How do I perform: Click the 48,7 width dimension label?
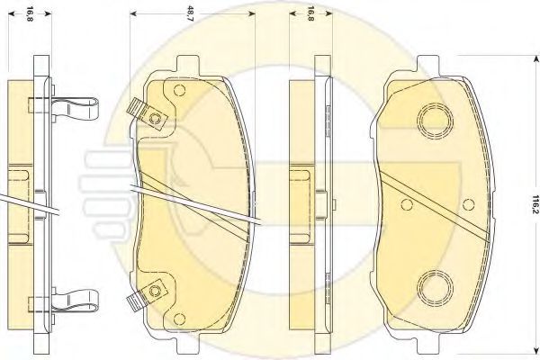[191, 13]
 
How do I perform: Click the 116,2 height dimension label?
[535, 204]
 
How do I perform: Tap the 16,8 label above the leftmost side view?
[30, 13]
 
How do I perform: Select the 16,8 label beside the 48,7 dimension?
[310, 13]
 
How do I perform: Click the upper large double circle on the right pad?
[435, 121]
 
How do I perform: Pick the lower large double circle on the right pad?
[435, 288]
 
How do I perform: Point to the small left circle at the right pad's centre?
[407, 204]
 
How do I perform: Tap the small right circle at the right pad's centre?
[468, 204]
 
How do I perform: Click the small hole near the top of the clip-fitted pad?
[179, 90]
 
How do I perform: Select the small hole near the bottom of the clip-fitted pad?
[179, 319]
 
